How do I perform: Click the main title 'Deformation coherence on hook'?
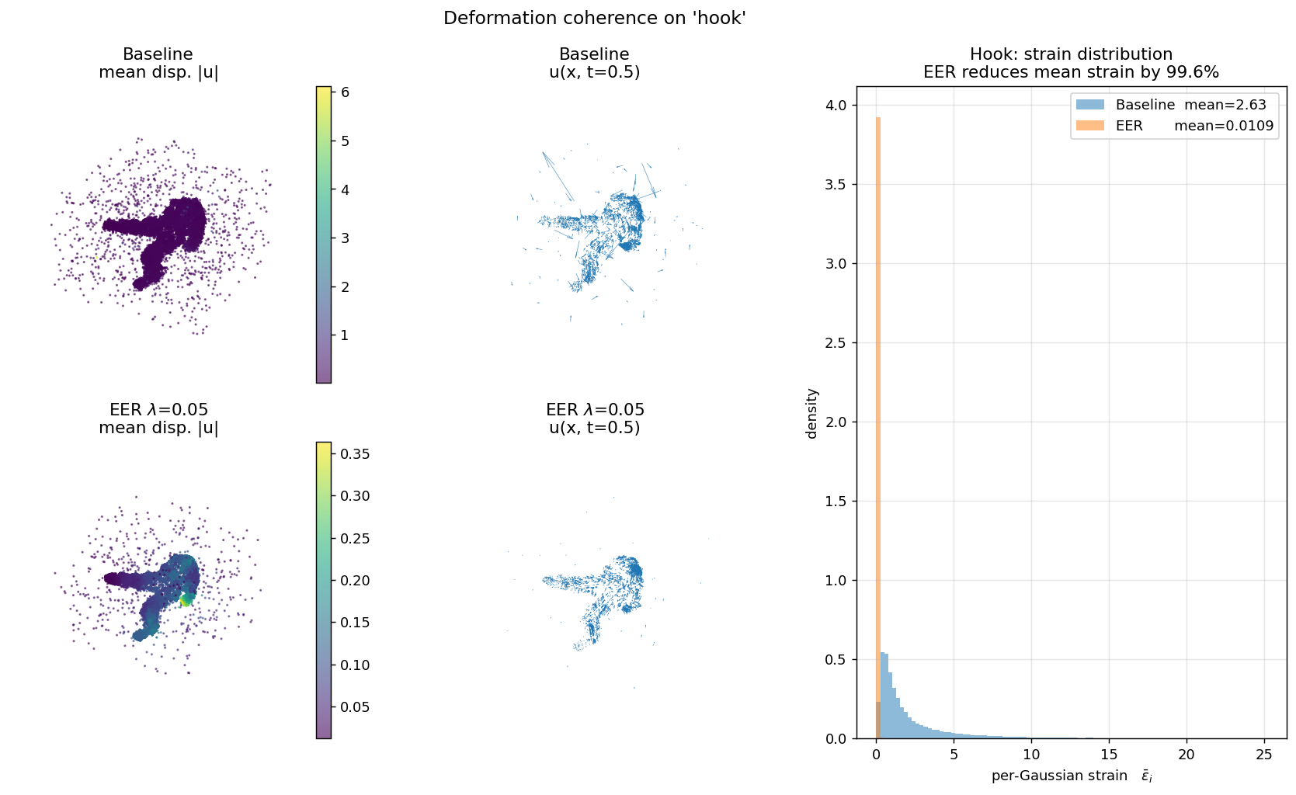click(594, 18)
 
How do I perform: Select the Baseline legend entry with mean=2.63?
click(1172, 105)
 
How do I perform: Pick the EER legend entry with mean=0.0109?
click(1172, 126)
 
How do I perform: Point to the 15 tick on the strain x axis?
click(1109, 755)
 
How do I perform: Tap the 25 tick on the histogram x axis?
click(1263, 755)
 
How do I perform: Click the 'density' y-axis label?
click(812, 413)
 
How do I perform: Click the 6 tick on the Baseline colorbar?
click(345, 92)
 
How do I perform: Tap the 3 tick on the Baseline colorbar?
click(345, 238)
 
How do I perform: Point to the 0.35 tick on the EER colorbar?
click(355, 453)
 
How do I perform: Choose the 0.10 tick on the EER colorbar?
click(355, 665)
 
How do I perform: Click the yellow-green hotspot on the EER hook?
click(186, 599)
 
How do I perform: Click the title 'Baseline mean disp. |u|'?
click(158, 63)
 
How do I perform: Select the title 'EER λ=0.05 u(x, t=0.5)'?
click(595, 418)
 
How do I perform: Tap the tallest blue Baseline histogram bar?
click(883, 695)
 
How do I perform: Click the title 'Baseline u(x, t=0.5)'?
click(595, 63)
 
